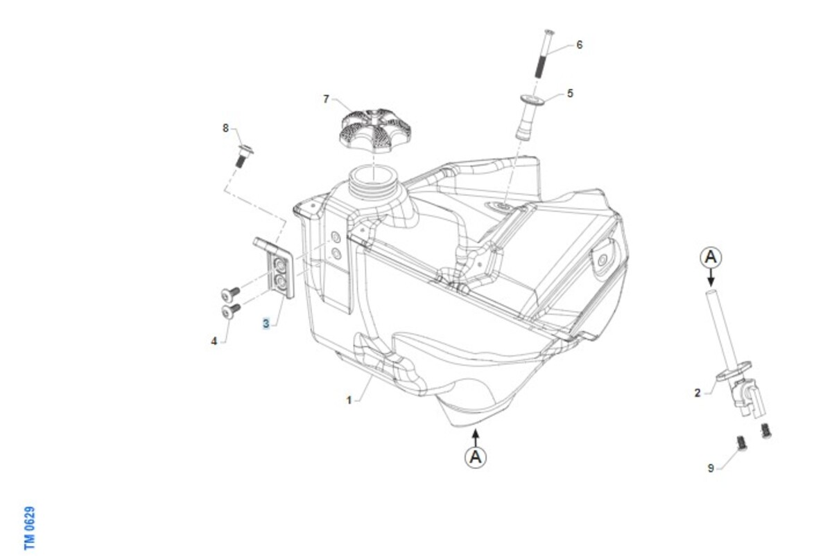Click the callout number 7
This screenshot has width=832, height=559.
tap(326, 99)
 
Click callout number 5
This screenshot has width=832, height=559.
tap(570, 93)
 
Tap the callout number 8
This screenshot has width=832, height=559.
tap(225, 128)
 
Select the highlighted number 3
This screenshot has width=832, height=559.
tap(266, 323)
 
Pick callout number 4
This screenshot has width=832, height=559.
tap(214, 341)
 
